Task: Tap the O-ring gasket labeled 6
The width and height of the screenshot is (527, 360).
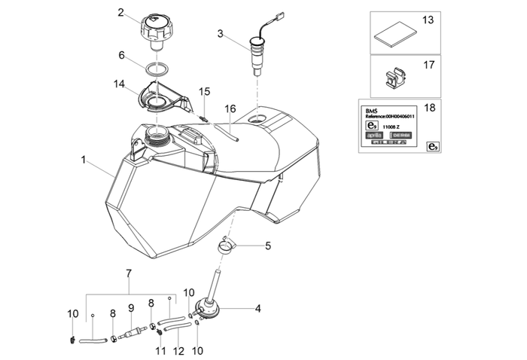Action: (x=157, y=69)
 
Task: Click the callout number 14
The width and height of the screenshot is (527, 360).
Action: (x=120, y=85)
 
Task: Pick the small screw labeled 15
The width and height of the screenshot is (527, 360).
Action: (x=203, y=116)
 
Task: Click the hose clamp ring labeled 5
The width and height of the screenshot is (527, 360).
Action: (x=227, y=245)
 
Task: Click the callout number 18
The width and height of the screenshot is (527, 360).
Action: (x=430, y=108)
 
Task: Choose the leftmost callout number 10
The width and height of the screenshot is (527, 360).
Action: (x=72, y=313)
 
